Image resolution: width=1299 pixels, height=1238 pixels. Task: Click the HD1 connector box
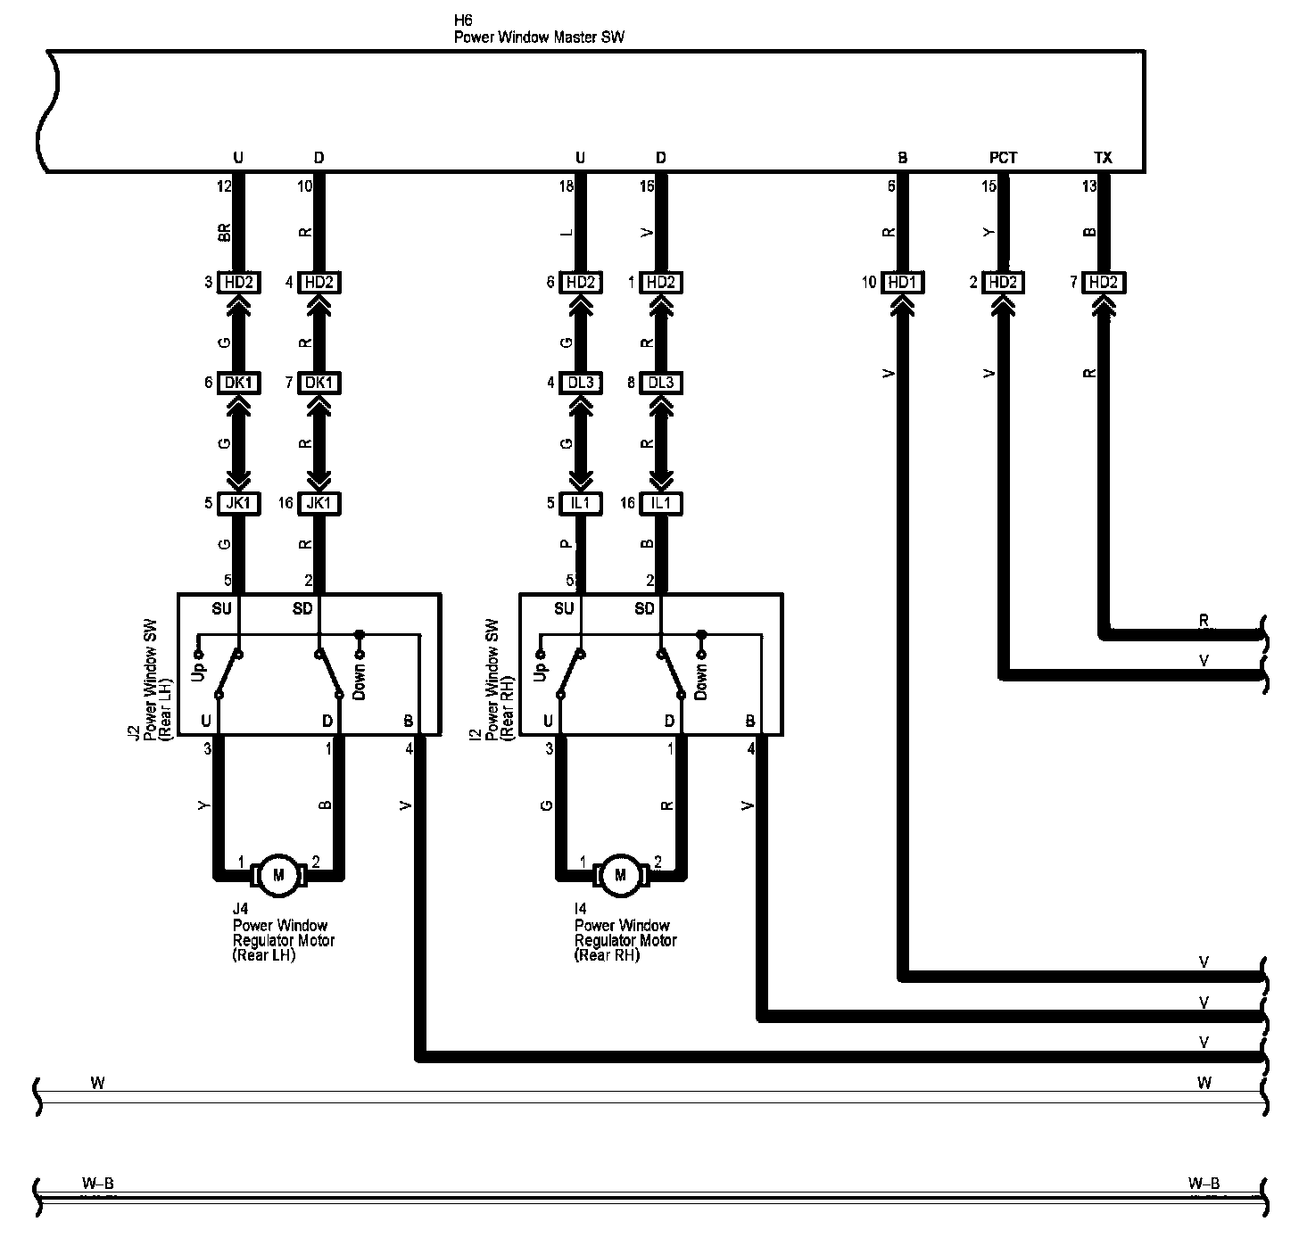coord(903,283)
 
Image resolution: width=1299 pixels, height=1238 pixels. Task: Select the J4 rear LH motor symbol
coord(278,874)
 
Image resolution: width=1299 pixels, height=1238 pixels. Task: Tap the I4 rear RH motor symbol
coord(620,874)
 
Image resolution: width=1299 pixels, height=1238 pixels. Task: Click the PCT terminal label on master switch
coord(1003,158)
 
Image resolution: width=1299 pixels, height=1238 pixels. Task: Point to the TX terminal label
coord(1103,158)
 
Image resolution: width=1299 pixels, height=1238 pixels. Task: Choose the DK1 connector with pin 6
coord(238,383)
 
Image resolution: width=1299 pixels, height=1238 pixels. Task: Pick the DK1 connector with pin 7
coord(319,383)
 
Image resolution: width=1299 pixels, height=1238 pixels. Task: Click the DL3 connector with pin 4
coord(580,383)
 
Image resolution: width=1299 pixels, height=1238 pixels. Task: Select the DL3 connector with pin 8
coord(660,383)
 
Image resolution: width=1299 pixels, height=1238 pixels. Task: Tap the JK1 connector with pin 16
coord(319,503)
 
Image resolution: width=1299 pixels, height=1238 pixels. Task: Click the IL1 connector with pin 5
coord(580,503)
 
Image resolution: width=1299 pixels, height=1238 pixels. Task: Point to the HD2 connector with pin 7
coord(1103,283)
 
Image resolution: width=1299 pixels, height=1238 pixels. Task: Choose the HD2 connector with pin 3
coord(238,283)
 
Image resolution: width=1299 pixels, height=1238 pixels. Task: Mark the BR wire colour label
coord(225,232)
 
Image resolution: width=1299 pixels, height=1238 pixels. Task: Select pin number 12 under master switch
coord(224,186)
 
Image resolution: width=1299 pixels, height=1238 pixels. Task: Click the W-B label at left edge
coord(98,1184)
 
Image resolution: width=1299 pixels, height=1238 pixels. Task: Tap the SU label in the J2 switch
coord(221,609)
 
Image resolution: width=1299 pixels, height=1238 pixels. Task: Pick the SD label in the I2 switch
coord(644,609)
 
